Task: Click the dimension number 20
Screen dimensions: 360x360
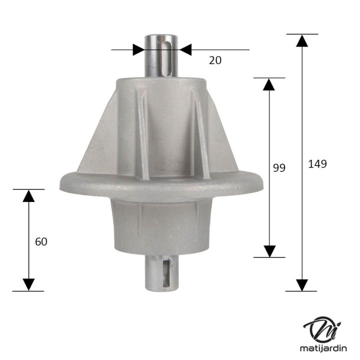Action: click(215, 60)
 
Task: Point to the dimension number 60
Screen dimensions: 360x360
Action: click(41, 241)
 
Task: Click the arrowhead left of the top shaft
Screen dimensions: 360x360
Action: click(138, 49)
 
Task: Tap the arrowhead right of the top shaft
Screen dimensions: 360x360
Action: click(185, 49)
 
